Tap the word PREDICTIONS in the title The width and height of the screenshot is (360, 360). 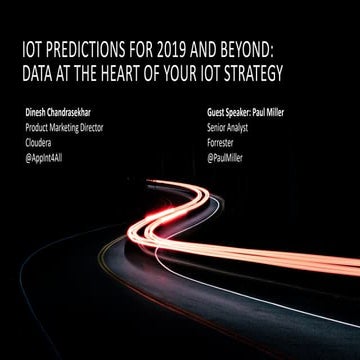tap(88, 46)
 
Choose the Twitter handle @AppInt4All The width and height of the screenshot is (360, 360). tap(50, 157)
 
